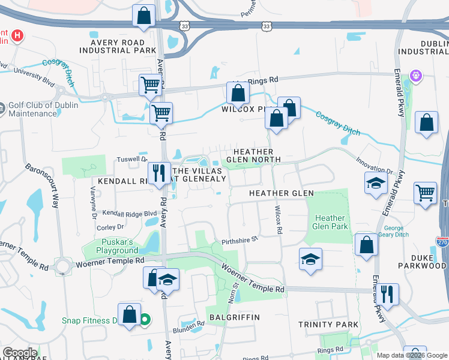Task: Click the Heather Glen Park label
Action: point(330,223)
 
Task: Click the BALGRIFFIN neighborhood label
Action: point(234,317)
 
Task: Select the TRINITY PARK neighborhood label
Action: point(328,325)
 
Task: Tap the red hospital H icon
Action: point(18,35)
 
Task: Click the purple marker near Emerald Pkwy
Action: point(416,76)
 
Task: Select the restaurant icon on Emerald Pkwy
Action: point(389,294)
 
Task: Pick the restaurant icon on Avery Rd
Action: point(159,173)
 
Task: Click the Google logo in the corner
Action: point(20,353)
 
